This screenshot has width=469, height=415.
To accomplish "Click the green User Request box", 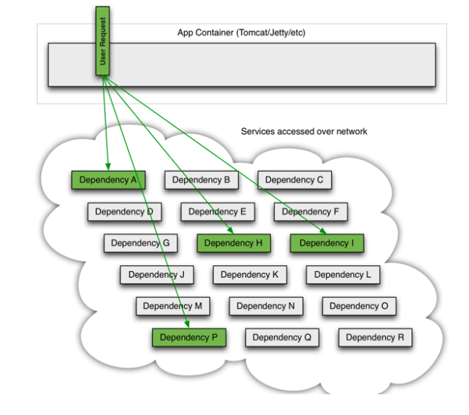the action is [102, 41].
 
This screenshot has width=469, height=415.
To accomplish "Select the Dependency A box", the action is [108, 180].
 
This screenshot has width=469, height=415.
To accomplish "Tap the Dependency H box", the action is [233, 243].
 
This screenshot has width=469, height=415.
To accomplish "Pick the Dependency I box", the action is [327, 243].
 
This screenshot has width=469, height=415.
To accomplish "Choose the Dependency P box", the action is [189, 337].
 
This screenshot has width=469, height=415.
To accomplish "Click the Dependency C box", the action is [295, 180].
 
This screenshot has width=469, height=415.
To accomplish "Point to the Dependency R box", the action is [376, 337].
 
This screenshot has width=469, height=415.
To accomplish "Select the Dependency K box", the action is [250, 275].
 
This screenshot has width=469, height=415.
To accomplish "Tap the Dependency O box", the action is [359, 306].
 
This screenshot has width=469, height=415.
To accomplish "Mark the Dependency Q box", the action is [282, 337].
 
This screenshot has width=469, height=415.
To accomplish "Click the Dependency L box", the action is [343, 275].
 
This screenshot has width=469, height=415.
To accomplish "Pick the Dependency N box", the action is [266, 306].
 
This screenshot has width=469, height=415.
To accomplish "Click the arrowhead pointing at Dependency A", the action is [108, 167].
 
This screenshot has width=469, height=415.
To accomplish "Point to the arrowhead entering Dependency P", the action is [187, 325].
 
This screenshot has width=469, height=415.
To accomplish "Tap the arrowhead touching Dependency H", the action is [230, 230].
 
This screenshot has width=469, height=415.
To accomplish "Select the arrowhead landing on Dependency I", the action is [323, 230].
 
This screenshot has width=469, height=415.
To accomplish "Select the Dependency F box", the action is [310, 211].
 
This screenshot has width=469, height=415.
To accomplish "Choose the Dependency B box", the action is [202, 180].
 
